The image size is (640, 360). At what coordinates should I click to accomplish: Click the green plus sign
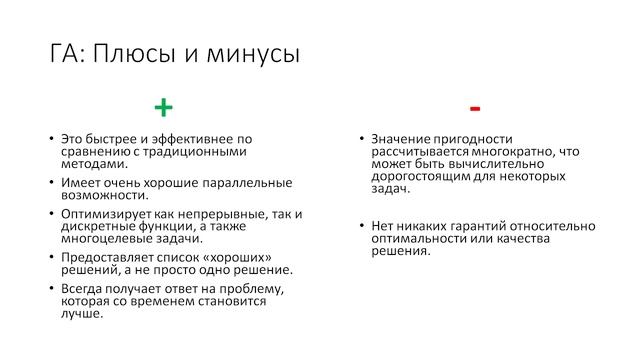(x=163, y=107)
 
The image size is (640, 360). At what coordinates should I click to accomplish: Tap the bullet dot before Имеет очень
(x=50, y=182)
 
